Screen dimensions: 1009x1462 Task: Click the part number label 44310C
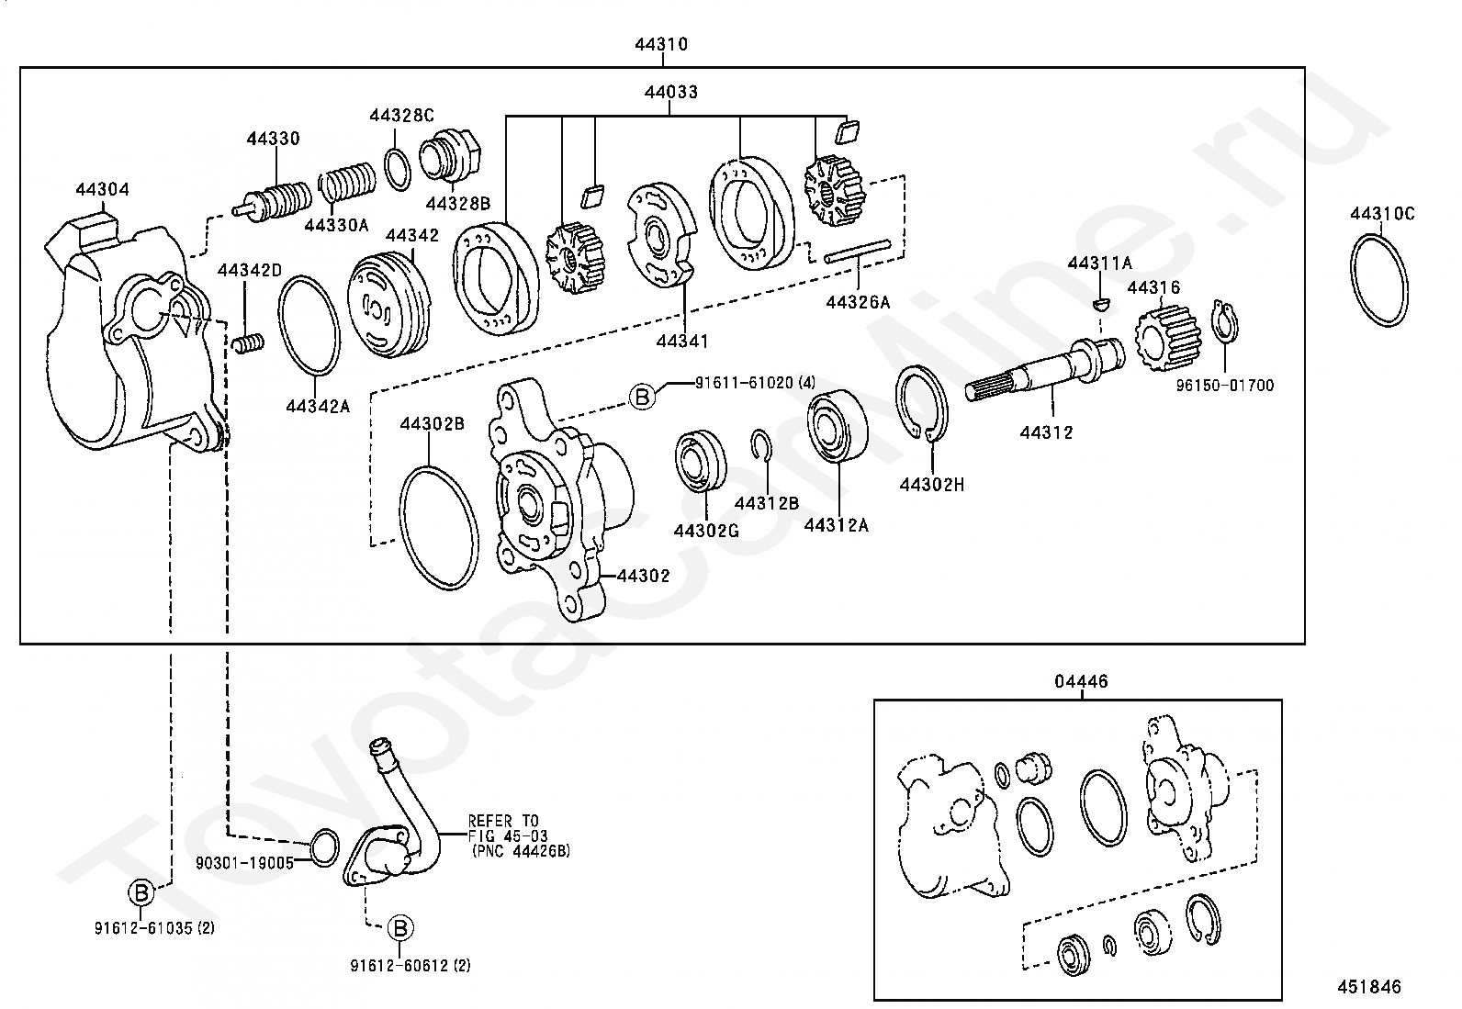[1382, 214]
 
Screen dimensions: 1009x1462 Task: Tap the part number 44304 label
[102, 190]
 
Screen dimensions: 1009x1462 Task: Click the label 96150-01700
[1225, 386]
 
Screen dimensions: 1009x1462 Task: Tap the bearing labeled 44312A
[837, 426]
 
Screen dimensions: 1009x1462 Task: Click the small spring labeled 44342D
[247, 343]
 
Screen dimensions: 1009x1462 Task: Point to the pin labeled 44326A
[858, 252]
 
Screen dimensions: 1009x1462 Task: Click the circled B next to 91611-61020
[643, 397]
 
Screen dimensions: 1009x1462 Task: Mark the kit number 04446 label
[1081, 681]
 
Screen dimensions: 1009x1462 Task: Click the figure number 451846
[1369, 987]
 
